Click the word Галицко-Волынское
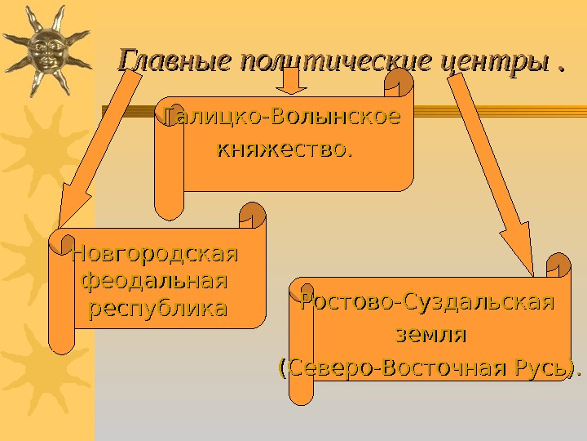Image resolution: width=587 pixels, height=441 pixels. pyautogui.click(x=283, y=118)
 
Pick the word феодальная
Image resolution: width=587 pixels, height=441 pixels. pyautogui.click(x=155, y=282)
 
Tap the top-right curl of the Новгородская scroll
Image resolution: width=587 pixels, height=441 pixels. pyautogui.click(x=253, y=217)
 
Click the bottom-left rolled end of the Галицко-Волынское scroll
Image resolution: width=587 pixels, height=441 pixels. pyautogui.click(x=169, y=207)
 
